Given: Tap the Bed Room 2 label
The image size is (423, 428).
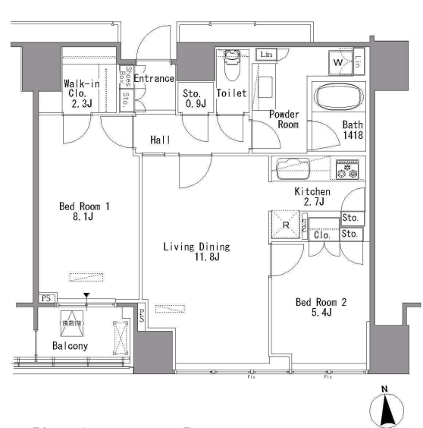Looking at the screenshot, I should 321,309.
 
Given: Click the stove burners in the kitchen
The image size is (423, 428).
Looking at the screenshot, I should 347,169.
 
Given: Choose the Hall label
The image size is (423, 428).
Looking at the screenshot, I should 159,140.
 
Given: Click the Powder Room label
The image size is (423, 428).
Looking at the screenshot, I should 284,119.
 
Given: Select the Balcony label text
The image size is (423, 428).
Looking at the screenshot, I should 70,346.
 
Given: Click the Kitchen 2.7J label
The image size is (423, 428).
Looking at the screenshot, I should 312,197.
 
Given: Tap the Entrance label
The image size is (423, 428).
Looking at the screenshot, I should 155,79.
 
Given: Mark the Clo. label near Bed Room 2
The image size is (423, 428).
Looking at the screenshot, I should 321,235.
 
